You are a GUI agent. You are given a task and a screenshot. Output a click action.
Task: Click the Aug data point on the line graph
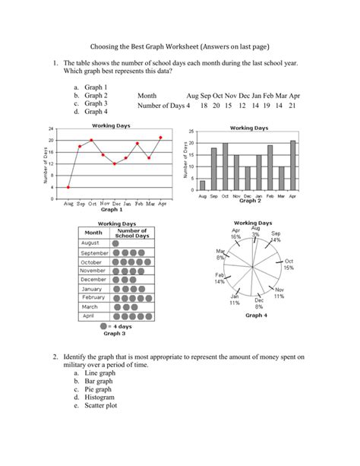point(68,187)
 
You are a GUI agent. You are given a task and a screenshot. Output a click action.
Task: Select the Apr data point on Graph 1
point(161,138)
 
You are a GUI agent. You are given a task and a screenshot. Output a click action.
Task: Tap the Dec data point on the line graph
point(115,163)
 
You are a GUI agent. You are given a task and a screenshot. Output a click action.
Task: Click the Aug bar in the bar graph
point(202,185)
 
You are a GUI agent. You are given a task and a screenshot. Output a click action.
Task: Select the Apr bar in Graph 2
point(293,165)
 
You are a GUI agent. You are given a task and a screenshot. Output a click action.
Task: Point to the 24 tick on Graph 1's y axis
point(50,128)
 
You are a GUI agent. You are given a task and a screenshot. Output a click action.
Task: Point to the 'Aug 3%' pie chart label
point(254,231)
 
